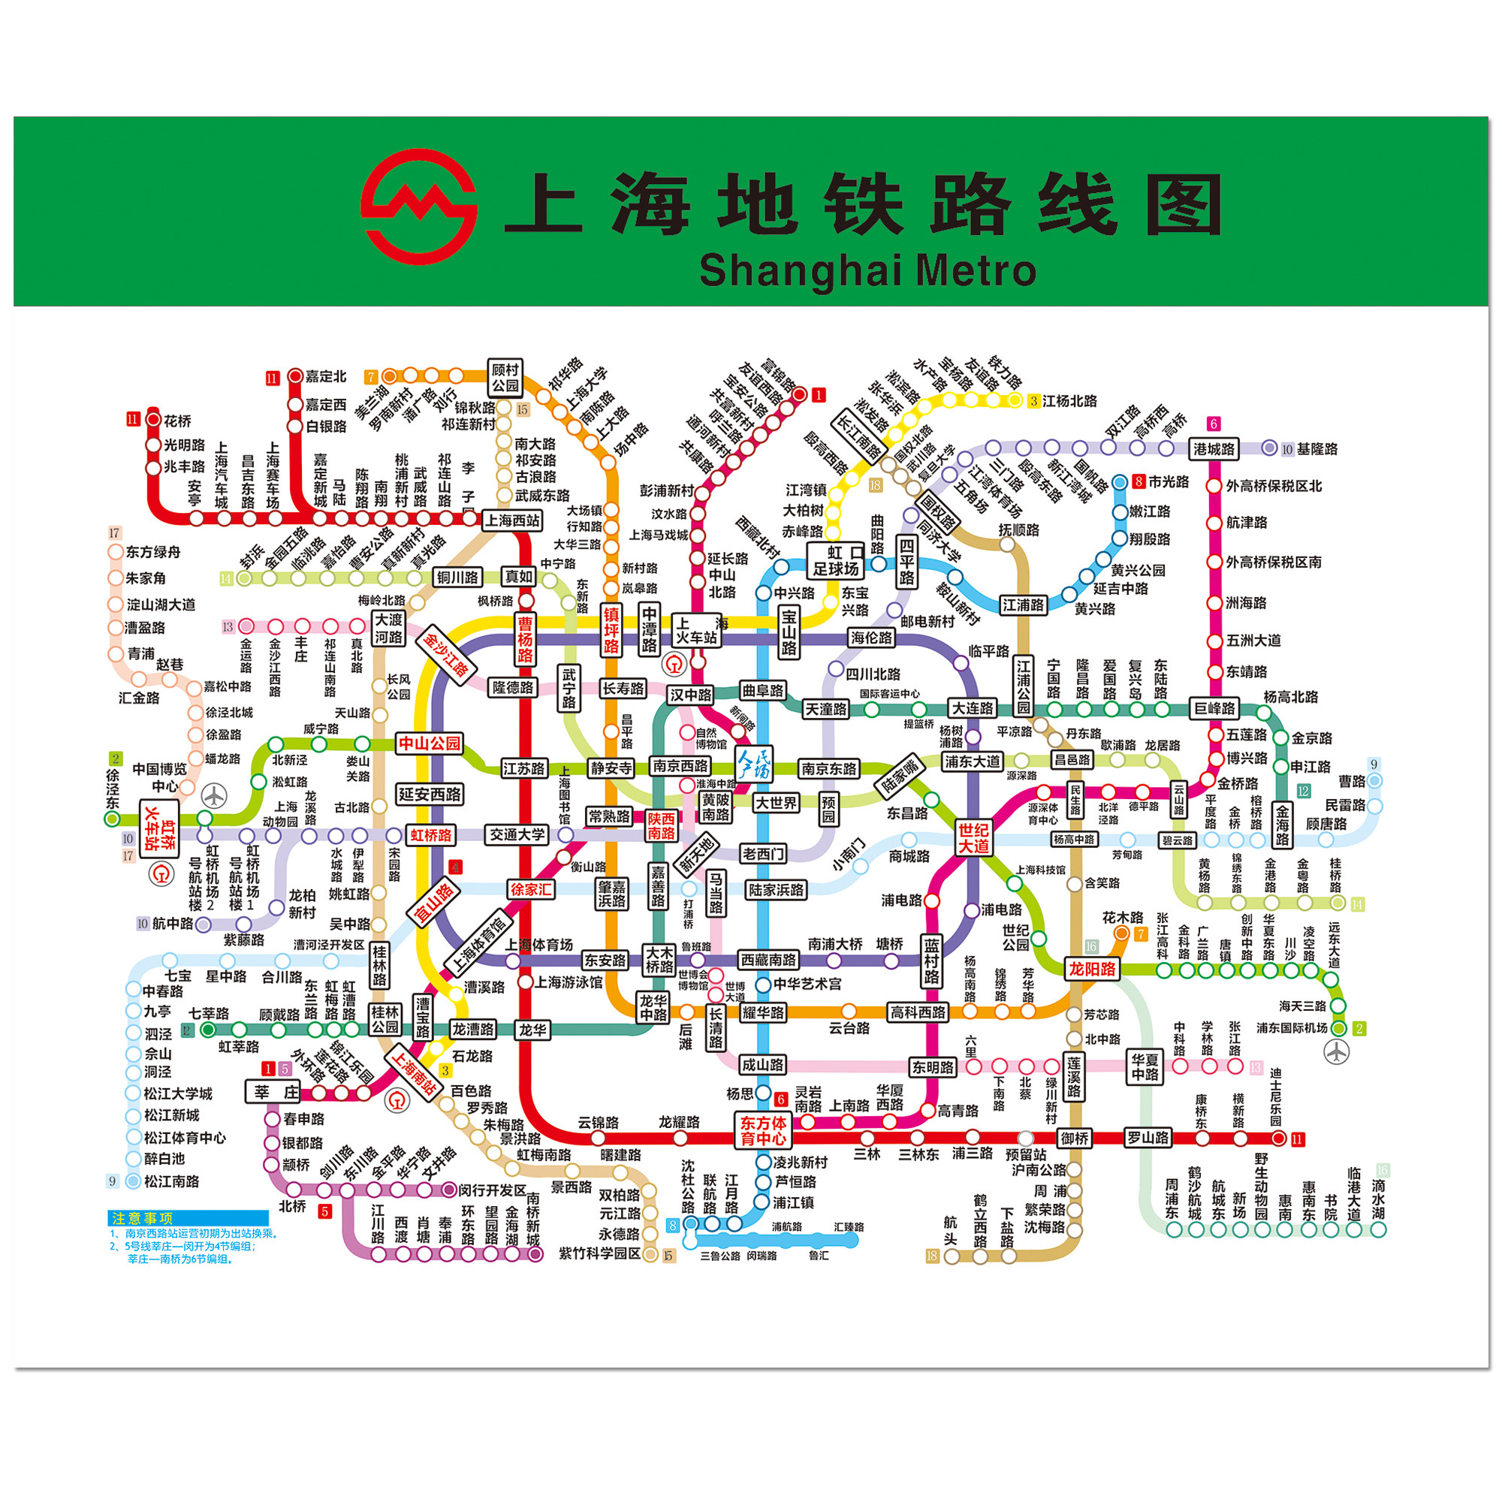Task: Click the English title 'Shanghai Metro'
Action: (867, 270)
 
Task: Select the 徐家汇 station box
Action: (531, 888)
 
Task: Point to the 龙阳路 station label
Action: (1091, 969)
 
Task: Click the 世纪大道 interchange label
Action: (973, 837)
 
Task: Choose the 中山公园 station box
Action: (429, 743)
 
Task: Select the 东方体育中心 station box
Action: (763, 1130)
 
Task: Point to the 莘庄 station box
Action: (273, 1092)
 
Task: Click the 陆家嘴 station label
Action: (900, 776)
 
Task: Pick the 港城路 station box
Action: (1214, 448)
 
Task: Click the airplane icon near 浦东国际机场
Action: (1337, 1052)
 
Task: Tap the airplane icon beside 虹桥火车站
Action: (214, 795)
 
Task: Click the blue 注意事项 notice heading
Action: (187, 1218)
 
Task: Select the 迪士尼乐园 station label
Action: (1276, 1097)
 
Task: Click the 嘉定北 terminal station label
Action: (325, 376)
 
